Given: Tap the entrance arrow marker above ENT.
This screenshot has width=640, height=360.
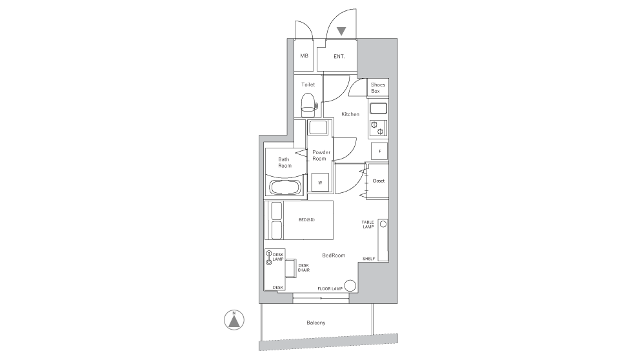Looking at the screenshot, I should (341, 30).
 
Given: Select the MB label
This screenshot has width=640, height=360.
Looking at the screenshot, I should (304, 56).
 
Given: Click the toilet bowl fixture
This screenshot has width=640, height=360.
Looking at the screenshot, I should (308, 103).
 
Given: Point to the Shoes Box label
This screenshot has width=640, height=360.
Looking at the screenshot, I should (378, 88).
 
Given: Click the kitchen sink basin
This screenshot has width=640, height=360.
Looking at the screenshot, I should (377, 107).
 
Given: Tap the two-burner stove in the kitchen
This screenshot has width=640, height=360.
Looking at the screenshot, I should (377, 128).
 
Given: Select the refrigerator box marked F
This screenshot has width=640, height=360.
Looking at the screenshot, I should (379, 152).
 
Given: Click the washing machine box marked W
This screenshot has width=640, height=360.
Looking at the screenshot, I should (320, 182).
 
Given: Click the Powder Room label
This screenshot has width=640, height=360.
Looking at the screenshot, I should (321, 155).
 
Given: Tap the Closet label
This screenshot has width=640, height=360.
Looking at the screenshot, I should (378, 181).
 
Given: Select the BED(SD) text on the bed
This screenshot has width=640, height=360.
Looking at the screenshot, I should (306, 220).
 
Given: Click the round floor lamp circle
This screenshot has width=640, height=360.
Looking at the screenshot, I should (350, 286).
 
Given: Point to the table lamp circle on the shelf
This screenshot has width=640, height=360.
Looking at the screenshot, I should (383, 225).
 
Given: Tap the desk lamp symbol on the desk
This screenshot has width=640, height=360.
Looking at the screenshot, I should (269, 257).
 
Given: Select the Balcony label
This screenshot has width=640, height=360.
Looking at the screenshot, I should (315, 323).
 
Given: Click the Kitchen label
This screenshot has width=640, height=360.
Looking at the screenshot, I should (350, 114).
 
